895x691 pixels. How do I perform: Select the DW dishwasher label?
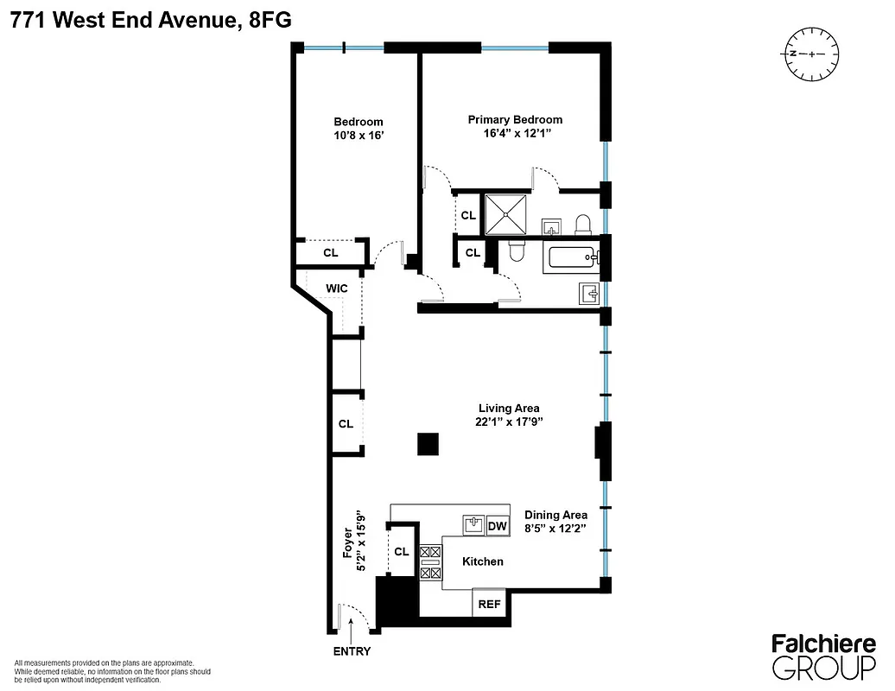tap(498, 525)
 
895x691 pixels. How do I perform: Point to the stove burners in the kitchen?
tap(429, 561)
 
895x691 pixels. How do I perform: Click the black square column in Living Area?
tap(428, 444)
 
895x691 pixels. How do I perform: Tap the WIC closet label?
tap(337, 288)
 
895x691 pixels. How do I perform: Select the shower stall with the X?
tap(505, 213)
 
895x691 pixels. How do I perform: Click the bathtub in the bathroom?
tap(570, 258)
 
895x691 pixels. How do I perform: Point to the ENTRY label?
tap(352, 651)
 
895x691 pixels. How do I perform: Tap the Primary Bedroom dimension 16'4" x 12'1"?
tap(515, 134)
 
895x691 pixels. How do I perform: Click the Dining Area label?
tap(555, 515)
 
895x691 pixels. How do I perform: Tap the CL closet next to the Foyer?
tap(402, 552)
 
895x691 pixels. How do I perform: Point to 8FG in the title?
tap(270, 22)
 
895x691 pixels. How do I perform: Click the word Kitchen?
tap(482, 561)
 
